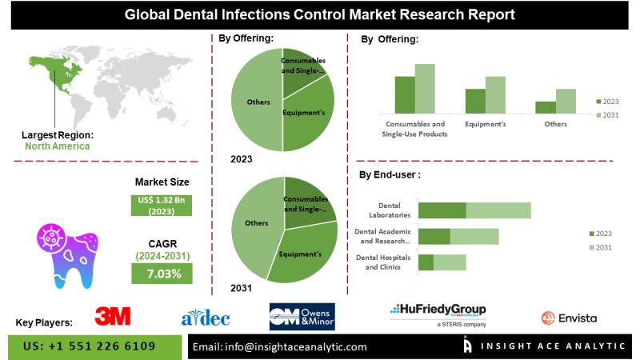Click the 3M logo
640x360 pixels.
(x=113, y=316)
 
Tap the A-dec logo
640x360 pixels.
(x=206, y=318)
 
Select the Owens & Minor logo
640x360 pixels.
(x=302, y=318)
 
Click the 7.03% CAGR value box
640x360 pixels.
(x=162, y=274)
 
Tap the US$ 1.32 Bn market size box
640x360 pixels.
(x=162, y=205)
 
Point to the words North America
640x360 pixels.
(x=57, y=146)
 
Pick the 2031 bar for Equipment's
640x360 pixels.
(x=495, y=94)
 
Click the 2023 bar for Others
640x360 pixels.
(x=546, y=107)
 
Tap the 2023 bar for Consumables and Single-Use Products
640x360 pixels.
(x=405, y=94)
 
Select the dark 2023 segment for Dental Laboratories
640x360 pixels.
(x=442, y=210)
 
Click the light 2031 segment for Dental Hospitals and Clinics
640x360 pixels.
(x=450, y=262)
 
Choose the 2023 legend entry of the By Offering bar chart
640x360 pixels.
(x=608, y=102)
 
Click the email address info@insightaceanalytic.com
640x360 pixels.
(x=280, y=346)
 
